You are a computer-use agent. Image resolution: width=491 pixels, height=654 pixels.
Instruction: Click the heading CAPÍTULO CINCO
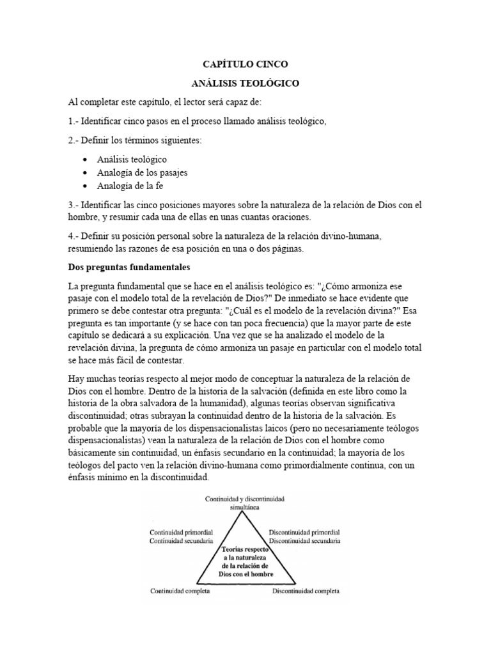[x=245, y=65]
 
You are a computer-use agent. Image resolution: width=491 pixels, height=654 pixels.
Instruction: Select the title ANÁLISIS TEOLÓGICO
[x=245, y=83]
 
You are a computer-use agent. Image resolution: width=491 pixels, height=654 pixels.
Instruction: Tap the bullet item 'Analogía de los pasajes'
[x=142, y=172]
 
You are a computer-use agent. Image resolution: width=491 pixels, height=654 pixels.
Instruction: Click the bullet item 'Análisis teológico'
[x=132, y=159]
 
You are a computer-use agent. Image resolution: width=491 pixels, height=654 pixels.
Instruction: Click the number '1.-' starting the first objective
[x=74, y=121]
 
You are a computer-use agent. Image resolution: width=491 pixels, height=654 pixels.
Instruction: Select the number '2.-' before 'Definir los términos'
[x=74, y=141]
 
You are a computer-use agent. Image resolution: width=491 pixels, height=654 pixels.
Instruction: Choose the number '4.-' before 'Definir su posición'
[x=74, y=236]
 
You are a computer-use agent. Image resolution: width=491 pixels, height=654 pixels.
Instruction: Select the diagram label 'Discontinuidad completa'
[x=306, y=590]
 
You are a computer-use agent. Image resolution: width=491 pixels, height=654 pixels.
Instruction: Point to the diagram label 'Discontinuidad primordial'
[x=304, y=531]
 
